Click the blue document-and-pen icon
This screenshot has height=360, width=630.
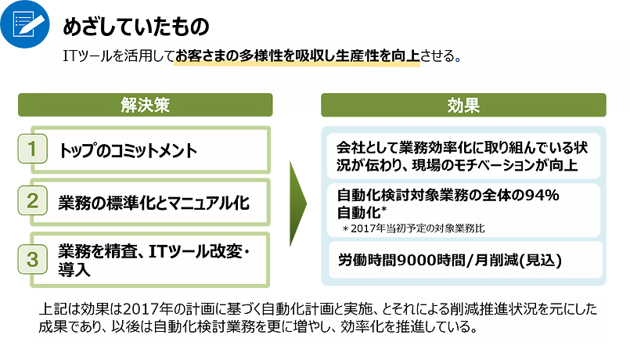pos(25,24)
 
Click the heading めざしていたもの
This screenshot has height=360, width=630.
pos(136,27)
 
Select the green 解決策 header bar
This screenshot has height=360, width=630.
pos(145,105)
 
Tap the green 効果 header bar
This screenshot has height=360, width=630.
pos(463,106)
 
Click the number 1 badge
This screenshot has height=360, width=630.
pos(33,149)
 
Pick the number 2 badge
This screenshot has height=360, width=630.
pos(33,200)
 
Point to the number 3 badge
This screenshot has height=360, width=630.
pos(33,259)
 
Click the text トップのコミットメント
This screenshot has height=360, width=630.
pos(128,151)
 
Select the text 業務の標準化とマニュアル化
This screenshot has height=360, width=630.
pos(154,203)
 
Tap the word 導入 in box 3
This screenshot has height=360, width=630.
pos(74,269)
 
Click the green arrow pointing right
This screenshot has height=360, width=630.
pos(298,203)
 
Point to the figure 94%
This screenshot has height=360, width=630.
pos(542,196)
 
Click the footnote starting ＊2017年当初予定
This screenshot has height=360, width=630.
pos(413,229)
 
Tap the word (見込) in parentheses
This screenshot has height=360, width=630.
pos(541,261)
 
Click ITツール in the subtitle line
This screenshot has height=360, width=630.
pos(87,56)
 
